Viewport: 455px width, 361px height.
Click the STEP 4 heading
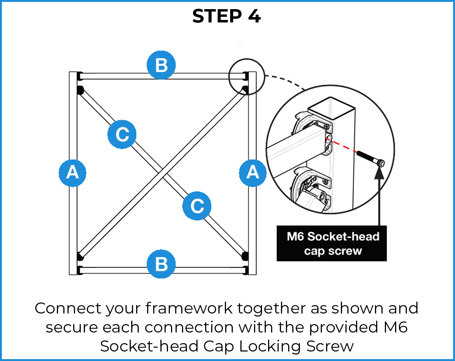click(226, 16)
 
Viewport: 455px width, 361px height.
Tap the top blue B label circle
click(161, 65)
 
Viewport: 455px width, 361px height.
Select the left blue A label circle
click(72, 173)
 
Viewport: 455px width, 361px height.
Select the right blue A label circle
click(253, 173)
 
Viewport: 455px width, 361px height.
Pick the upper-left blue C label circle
click(122, 134)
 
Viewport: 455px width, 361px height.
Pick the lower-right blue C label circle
click(197, 206)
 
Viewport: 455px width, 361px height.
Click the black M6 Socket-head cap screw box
click(331, 243)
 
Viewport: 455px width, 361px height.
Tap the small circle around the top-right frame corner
click(243, 76)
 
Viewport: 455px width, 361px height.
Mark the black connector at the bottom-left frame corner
click(80, 256)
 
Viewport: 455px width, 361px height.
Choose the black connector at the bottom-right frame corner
click(245, 255)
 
